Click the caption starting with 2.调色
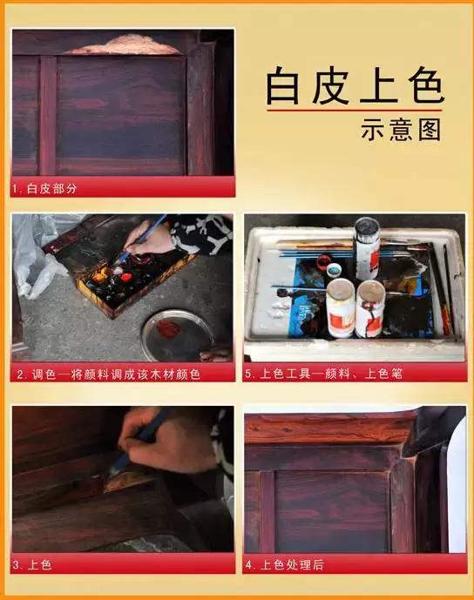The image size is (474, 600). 109,374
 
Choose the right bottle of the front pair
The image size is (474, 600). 370,309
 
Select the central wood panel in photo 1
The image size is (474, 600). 122,113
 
